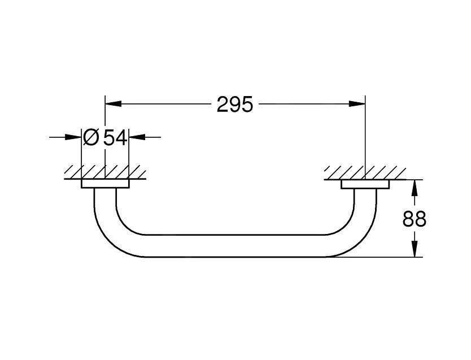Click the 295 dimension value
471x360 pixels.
(235, 105)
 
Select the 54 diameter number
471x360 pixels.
(115, 138)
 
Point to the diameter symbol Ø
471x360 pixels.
(90, 137)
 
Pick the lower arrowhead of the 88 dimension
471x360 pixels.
(415, 249)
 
